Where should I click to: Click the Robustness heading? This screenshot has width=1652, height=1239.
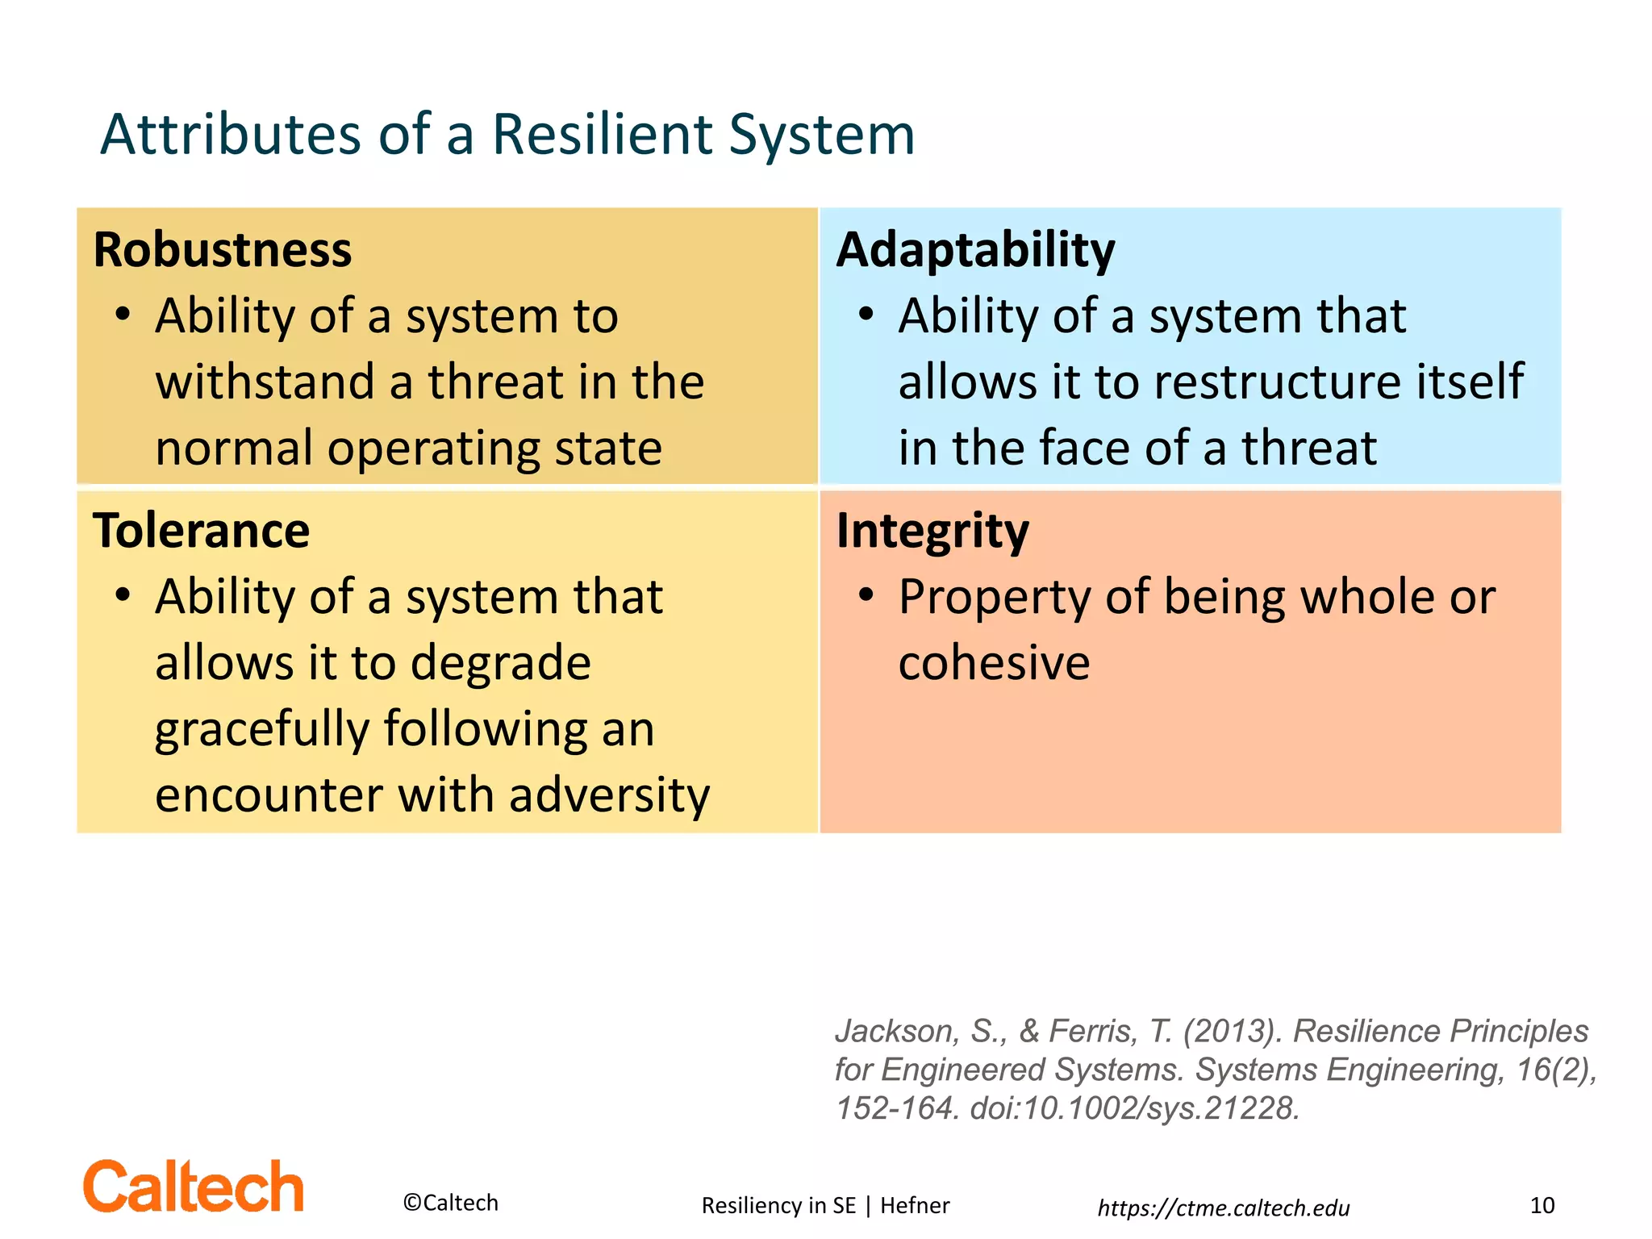point(223,250)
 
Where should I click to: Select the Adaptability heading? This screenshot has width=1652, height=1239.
point(975,250)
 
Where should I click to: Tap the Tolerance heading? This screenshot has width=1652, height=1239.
point(201,531)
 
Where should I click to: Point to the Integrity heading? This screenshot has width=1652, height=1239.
point(932,531)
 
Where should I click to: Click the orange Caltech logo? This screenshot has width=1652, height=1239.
point(194,1187)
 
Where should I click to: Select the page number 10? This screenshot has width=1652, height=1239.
point(1541,1205)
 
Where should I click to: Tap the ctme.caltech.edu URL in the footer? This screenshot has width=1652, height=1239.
point(1224,1208)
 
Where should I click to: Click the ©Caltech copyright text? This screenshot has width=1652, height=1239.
point(450,1203)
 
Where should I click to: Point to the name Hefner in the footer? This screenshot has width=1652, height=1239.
point(915,1205)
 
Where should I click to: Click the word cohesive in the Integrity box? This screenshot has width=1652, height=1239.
point(994,664)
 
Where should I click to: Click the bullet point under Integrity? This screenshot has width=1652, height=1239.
point(866,595)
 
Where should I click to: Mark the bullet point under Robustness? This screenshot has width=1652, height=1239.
point(123,315)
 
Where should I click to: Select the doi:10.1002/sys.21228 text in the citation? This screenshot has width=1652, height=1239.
point(1134,1108)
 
